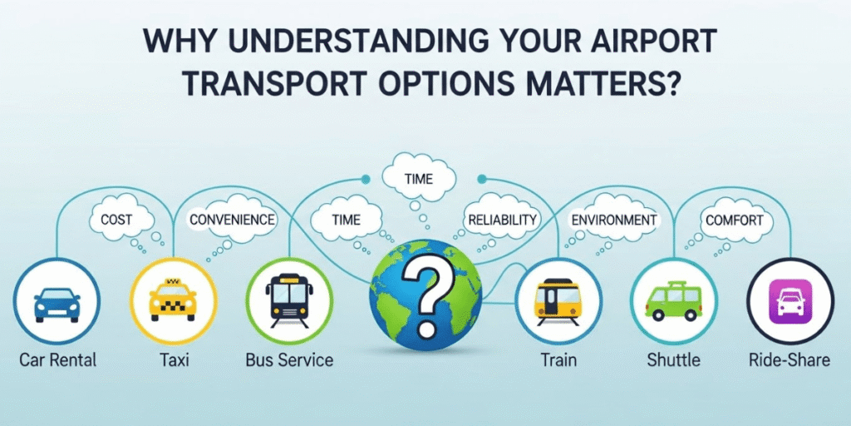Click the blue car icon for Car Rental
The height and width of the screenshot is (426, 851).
[x=57, y=304]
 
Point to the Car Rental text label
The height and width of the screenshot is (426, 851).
[x=58, y=360]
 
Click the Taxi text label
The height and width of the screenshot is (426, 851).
[x=175, y=360]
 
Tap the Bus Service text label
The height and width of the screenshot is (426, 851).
[x=289, y=360]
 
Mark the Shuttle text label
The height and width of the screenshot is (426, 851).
[x=673, y=360]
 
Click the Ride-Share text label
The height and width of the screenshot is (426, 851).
[x=789, y=360]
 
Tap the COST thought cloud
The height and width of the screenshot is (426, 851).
[x=119, y=220]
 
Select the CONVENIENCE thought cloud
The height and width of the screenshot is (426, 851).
[x=232, y=220]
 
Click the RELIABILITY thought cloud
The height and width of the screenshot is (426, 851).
[x=502, y=220]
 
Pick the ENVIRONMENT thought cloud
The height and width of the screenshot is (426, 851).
[x=613, y=220]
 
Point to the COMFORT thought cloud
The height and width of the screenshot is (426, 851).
[x=734, y=220]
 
